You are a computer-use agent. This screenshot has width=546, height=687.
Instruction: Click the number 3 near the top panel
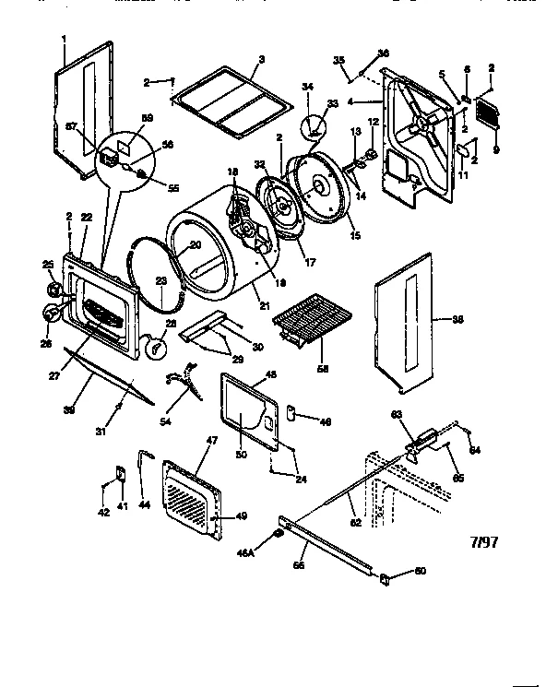(261, 60)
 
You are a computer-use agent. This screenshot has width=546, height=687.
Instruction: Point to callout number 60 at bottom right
(421, 572)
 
